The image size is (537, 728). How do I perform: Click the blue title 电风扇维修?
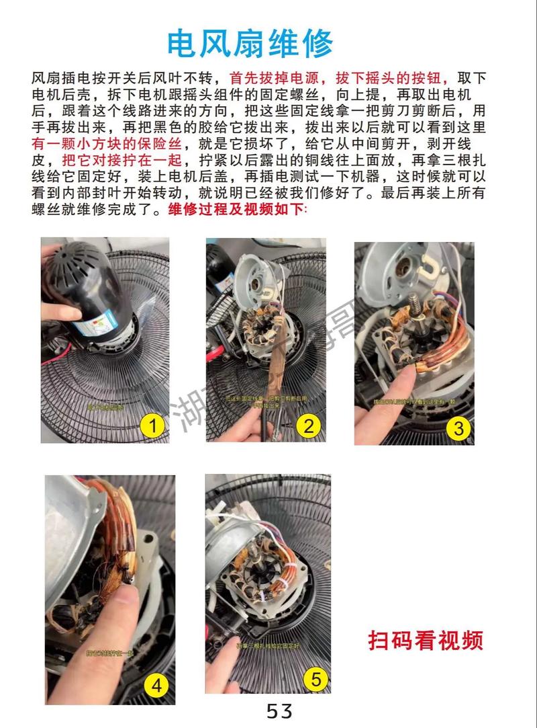(x=250, y=44)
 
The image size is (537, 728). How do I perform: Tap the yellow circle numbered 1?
(x=152, y=425)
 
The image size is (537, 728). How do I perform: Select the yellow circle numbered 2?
(x=308, y=425)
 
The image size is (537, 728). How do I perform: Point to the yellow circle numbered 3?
(x=458, y=427)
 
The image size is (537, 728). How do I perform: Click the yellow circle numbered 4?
(x=156, y=686)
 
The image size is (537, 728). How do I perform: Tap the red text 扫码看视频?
(x=426, y=639)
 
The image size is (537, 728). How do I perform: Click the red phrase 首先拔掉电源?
(x=276, y=78)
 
